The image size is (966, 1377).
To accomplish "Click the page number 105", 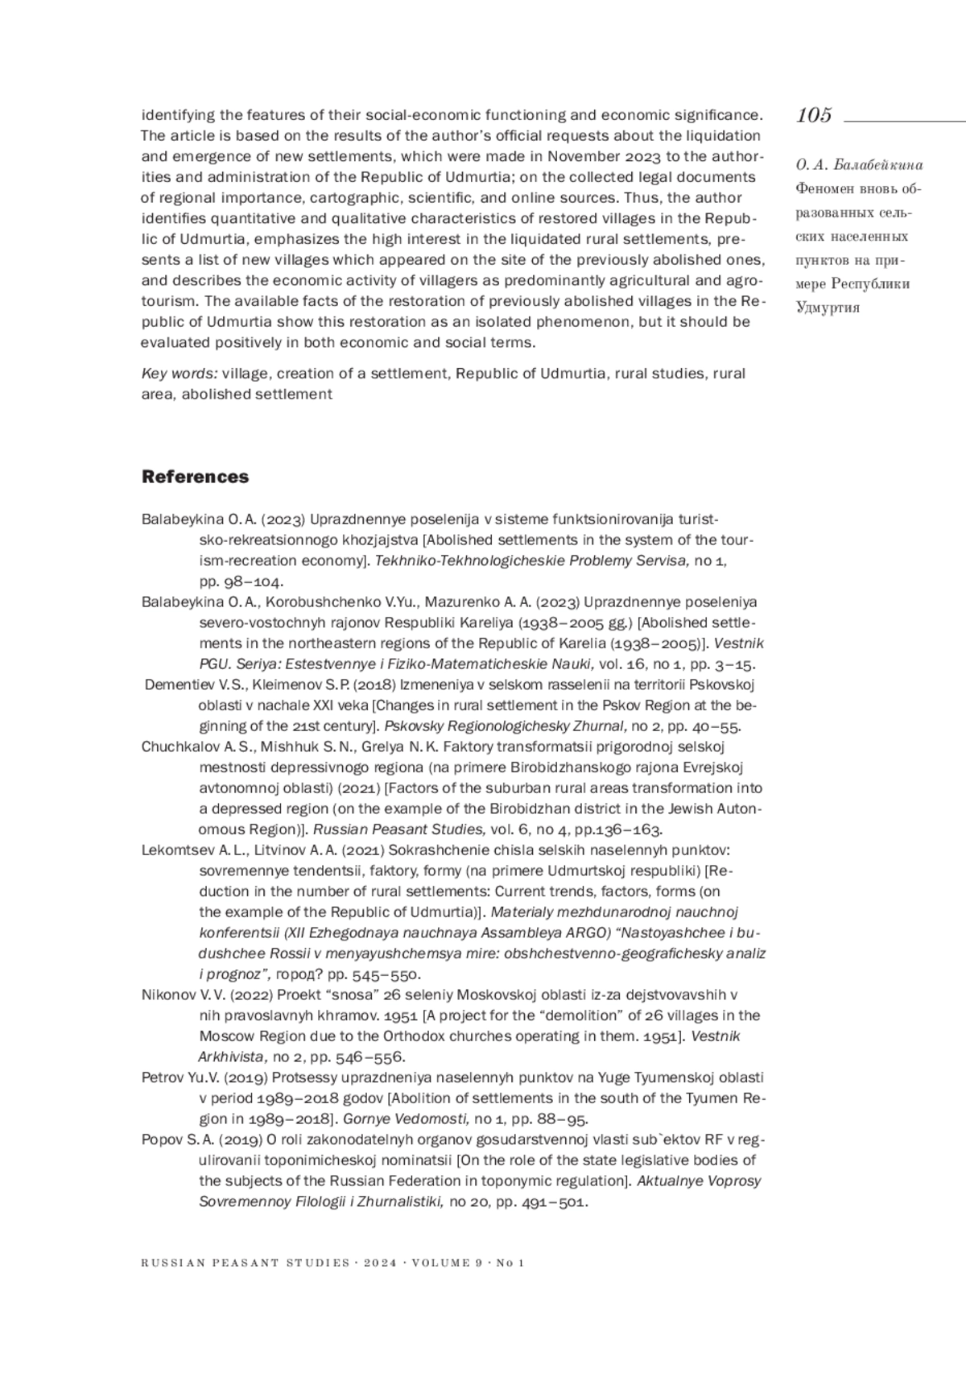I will click(x=814, y=115).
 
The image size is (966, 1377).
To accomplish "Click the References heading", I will click(x=195, y=477).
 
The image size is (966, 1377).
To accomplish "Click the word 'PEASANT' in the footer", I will click(x=246, y=1263).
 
